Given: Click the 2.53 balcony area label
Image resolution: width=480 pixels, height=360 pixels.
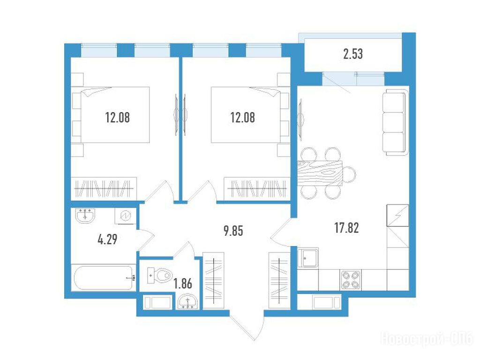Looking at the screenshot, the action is [x=353, y=54].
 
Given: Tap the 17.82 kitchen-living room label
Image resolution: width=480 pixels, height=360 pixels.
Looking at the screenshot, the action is [x=346, y=228].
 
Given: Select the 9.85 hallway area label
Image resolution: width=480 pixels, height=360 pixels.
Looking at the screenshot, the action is [x=233, y=231].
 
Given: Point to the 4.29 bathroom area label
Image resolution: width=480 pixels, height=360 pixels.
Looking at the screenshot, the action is [x=107, y=240].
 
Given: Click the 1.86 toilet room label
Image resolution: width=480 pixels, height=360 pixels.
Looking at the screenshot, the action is [x=183, y=284].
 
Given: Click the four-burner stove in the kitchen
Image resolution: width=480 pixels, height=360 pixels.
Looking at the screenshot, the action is [x=350, y=280].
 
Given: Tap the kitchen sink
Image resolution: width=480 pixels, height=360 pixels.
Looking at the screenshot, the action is [x=308, y=258].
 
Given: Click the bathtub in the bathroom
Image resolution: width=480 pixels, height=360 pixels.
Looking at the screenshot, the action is [x=103, y=278].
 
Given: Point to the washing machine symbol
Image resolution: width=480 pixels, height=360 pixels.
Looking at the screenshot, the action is [x=126, y=216].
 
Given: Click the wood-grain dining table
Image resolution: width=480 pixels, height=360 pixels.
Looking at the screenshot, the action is [x=320, y=173].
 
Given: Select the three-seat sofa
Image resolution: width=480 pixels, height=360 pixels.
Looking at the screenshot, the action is [x=396, y=122].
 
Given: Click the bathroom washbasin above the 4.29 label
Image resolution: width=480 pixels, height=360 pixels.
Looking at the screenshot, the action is [x=85, y=216].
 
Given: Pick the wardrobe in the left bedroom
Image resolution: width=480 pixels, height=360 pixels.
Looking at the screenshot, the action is [x=104, y=188].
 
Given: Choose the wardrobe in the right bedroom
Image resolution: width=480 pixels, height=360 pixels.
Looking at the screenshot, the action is [x=257, y=188].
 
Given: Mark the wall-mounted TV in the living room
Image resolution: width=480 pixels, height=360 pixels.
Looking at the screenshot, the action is [x=301, y=117].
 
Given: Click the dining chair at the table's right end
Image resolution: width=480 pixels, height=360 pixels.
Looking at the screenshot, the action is [x=349, y=174].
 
